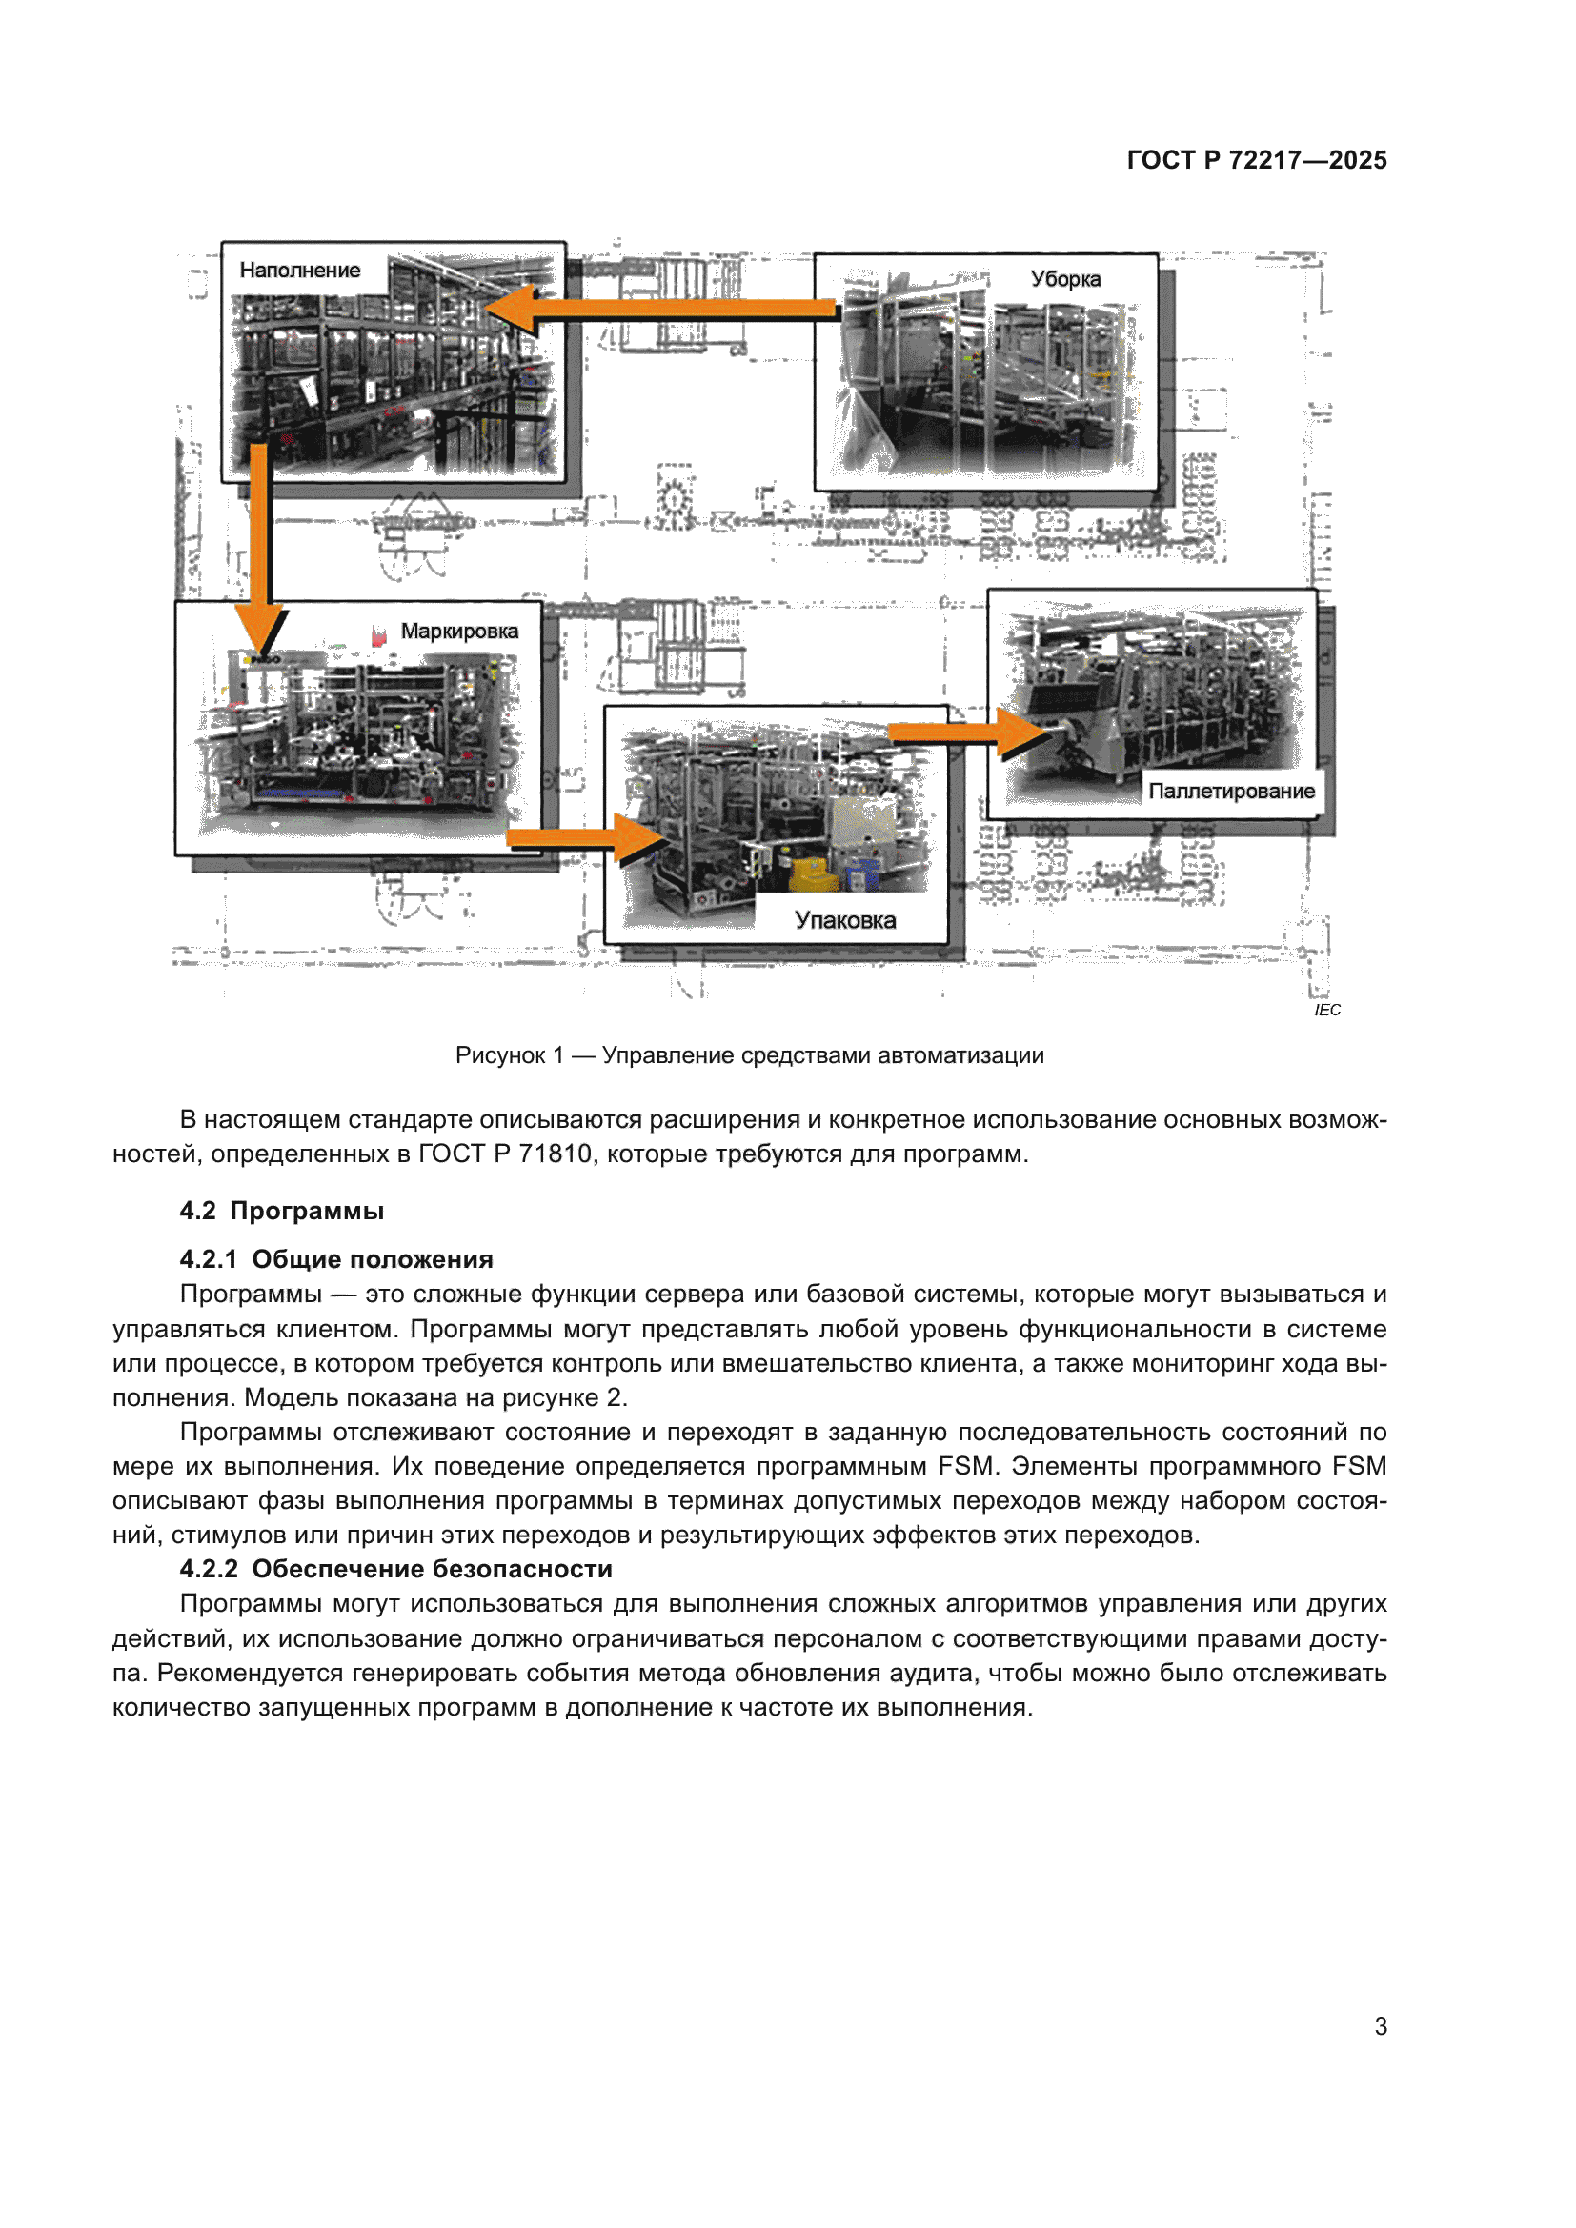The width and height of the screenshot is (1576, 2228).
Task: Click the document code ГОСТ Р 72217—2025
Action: [x=1256, y=160]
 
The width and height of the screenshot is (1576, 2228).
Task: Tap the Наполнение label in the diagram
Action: [x=299, y=271]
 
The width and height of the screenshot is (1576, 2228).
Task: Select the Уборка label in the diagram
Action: [x=1064, y=279]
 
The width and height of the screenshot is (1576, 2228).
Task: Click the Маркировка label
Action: [x=459, y=632]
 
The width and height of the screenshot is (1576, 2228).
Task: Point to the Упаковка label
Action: [x=844, y=920]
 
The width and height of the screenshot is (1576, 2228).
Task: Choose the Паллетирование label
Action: [x=1230, y=791]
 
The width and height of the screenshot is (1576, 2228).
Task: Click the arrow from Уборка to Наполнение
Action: [x=660, y=309]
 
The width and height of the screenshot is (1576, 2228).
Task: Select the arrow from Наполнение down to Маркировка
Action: [x=259, y=543]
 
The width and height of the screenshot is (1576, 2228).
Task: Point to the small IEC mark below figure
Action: [x=1326, y=1010]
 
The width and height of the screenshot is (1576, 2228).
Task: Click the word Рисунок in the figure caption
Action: [x=500, y=1055]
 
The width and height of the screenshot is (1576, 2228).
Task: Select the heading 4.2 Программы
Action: [x=281, y=1211]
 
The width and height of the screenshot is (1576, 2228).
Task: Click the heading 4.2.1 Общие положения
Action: [x=335, y=1259]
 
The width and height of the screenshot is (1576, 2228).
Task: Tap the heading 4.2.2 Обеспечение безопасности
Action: [x=396, y=1569]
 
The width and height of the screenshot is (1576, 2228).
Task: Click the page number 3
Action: [x=1380, y=2026]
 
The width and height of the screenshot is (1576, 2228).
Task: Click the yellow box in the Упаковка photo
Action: [x=811, y=873]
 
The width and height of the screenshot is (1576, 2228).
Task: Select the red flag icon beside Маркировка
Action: [x=378, y=635]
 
